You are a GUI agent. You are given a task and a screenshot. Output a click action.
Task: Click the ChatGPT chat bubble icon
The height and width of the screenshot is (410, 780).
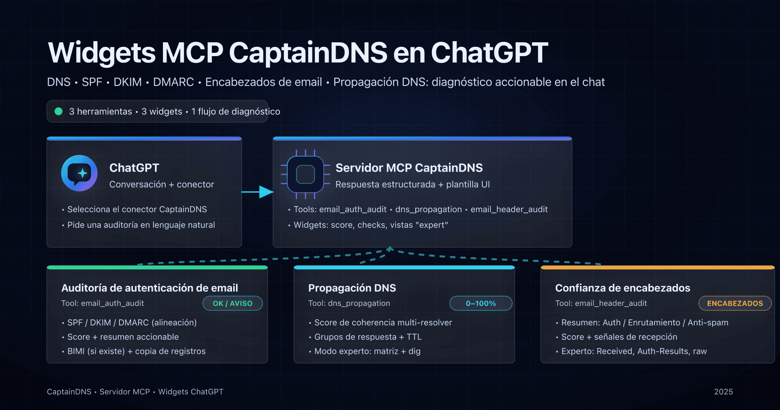(x=79, y=173)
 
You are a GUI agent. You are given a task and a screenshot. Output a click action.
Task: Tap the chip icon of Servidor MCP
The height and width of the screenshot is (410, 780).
(x=305, y=174)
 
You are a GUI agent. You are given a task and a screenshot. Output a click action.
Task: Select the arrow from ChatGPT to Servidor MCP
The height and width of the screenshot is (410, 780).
(x=258, y=192)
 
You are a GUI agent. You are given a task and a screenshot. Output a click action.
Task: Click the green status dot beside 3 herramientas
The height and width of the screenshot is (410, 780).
(x=58, y=111)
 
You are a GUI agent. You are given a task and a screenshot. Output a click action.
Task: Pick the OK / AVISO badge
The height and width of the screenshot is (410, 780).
(x=232, y=303)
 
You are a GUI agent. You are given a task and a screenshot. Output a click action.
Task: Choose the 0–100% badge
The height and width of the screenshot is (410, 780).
(x=481, y=303)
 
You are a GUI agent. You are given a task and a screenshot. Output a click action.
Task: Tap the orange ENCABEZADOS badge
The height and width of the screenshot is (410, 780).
(x=734, y=303)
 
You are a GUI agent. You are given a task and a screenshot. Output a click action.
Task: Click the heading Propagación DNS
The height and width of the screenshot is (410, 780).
(x=352, y=288)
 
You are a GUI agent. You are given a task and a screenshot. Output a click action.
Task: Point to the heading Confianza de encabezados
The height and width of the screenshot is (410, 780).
(x=622, y=288)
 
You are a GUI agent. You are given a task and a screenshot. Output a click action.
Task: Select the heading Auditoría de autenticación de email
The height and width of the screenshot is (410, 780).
(x=149, y=288)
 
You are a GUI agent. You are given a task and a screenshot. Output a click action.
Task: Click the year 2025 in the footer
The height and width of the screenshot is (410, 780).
(x=723, y=392)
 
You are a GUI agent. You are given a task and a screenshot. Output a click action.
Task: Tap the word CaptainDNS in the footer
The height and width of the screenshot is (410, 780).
(x=69, y=392)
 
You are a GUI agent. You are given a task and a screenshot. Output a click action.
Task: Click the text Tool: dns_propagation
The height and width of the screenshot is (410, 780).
(x=349, y=303)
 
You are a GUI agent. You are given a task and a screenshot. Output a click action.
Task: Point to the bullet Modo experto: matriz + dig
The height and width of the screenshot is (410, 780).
(x=367, y=351)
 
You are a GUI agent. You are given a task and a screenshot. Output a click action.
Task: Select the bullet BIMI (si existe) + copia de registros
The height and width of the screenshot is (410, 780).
(x=136, y=351)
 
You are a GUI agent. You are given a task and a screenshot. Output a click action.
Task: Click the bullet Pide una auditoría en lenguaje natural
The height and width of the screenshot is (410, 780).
(x=141, y=225)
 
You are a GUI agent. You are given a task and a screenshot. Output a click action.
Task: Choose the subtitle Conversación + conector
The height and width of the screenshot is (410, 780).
(x=161, y=185)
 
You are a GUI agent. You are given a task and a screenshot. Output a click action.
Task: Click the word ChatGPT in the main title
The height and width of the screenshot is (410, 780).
(x=489, y=53)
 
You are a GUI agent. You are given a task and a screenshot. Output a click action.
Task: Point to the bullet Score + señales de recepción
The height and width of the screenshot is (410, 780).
(x=619, y=337)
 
